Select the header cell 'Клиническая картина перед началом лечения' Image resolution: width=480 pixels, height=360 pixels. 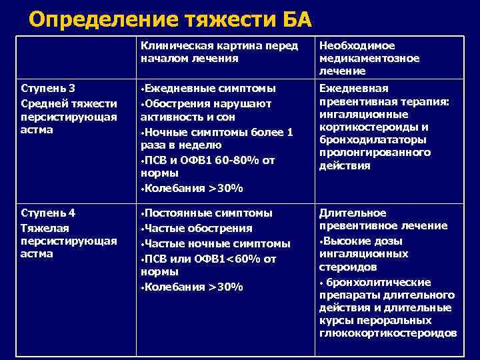click(x=217, y=52)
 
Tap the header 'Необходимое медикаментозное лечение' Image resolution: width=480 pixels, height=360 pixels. click(x=369, y=58)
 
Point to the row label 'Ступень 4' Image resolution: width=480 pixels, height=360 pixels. click(x=48, y=213)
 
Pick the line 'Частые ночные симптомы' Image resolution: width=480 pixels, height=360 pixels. click(x=217, y=244)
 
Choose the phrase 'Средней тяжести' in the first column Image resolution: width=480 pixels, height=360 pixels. click(x=69, y=103)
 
